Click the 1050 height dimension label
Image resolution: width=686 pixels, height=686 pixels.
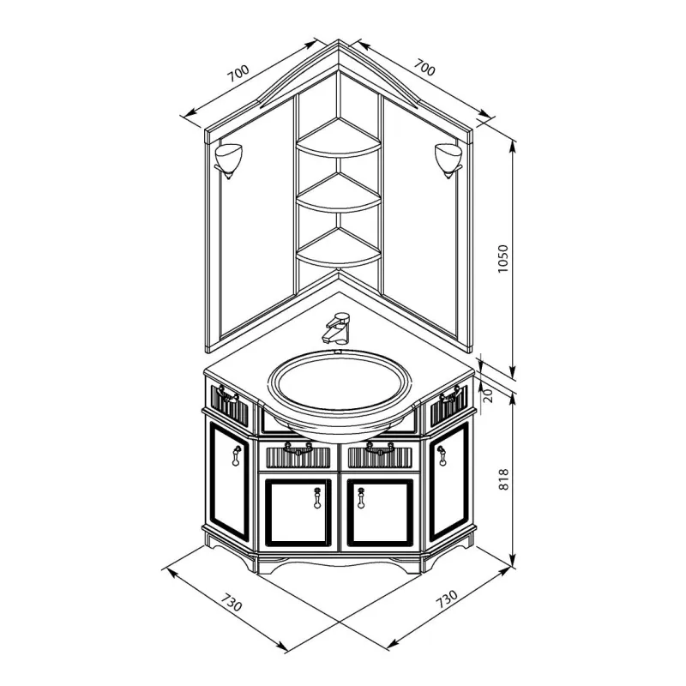pos(503,259)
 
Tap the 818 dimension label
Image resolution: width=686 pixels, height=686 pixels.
pos(503,479)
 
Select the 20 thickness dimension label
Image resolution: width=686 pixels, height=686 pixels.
pos(489,395)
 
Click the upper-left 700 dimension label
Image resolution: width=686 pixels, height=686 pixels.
pos(238,74)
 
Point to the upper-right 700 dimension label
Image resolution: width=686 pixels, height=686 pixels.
pos(424,68)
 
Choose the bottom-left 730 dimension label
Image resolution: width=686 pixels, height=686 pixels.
pos(231,602)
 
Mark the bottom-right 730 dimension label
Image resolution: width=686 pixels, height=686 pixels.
pos(447,599)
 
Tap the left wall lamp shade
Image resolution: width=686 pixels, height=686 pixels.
pos(228,159)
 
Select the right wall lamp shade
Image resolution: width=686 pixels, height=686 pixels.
pos(448,159)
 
